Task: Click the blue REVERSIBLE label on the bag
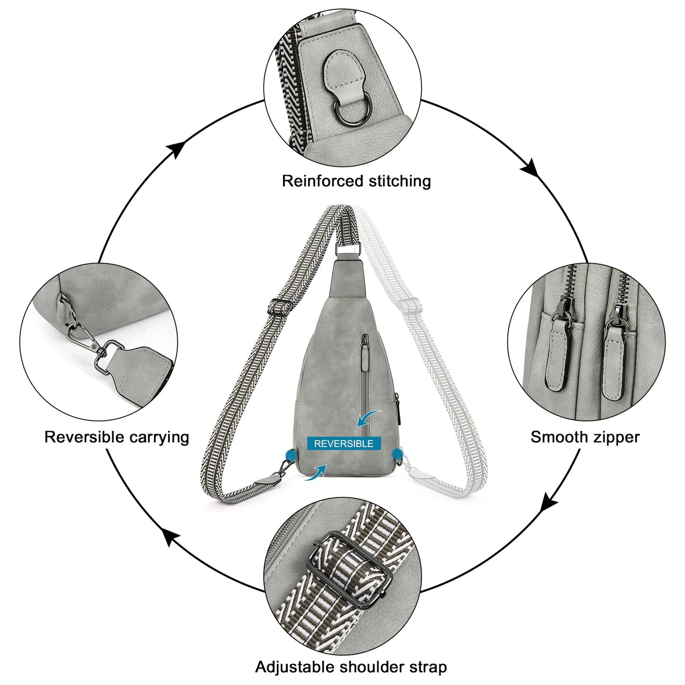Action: click(x=344, y=443)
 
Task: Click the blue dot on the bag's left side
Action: click(x=291, y=454)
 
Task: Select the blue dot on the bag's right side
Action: click(x=397, y=454)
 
